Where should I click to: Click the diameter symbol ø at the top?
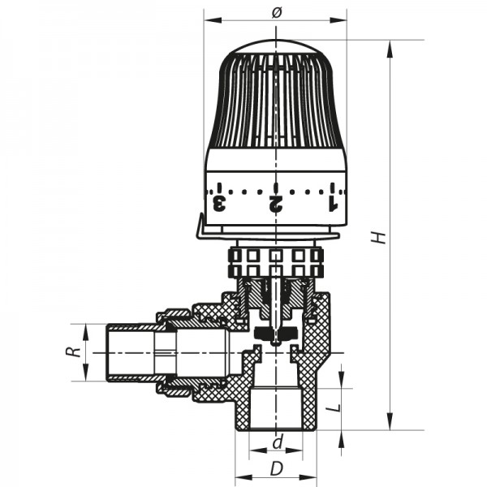(275, 11)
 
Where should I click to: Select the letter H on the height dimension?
(378, 236)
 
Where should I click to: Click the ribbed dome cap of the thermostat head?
(276, 97)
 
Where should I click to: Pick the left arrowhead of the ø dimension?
(209, 20)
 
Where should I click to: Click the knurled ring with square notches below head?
(276, 261)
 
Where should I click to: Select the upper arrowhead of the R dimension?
(85, 330)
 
